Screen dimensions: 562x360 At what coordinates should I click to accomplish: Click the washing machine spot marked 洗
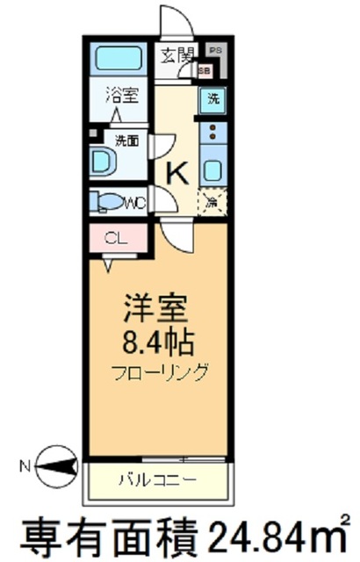212,100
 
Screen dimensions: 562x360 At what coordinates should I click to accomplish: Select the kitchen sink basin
212,167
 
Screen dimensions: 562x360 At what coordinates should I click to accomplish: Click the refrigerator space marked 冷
212,201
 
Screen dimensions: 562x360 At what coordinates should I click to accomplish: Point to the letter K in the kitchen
178,173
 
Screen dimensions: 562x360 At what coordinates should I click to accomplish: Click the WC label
136,203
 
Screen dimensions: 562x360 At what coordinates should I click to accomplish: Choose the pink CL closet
112,238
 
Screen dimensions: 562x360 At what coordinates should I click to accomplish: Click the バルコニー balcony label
157,479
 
